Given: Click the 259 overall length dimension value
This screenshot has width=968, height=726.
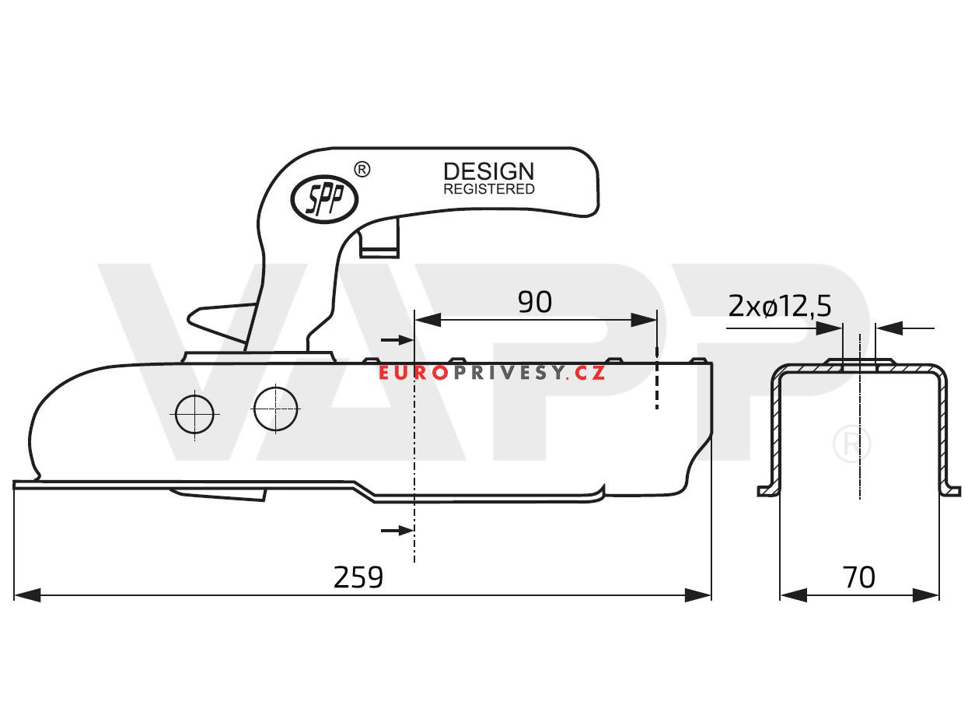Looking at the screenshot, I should [358, 577].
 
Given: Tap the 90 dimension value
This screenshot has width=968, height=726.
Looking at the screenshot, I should [535, 302].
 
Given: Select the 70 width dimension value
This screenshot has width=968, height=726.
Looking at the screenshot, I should [858, 577].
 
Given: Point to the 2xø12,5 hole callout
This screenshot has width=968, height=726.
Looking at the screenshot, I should [780, 307].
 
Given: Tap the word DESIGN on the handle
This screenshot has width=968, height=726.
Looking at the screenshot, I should [488, 171].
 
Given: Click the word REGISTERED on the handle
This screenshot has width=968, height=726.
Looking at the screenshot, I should [488, 189].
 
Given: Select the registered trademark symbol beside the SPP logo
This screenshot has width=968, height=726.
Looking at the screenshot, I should [362, 169].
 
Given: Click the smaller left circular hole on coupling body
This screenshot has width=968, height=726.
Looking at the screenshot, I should [194, 415].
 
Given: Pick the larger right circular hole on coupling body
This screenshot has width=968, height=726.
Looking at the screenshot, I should [276, 406].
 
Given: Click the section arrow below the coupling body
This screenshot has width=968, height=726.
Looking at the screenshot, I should [397, 530].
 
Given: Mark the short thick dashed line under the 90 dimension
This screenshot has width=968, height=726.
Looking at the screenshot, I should [657, 385].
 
